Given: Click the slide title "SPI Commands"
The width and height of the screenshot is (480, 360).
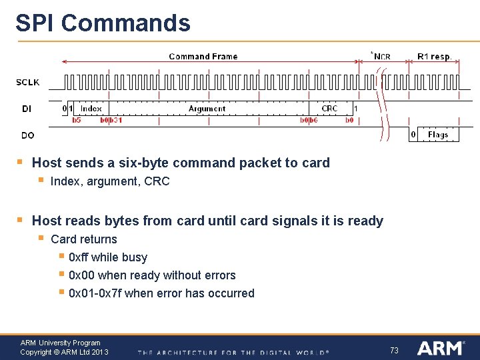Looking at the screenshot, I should pyautogui.click(x=103, y=23).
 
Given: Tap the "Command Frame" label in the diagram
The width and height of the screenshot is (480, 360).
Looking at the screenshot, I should pyautogui.click(x=203, y=57).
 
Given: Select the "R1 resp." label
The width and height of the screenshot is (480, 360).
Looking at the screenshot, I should pyautogui.click(x=434, y=57).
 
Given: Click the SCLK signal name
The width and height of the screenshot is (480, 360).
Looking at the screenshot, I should pyautogui.click(x=28, y=83).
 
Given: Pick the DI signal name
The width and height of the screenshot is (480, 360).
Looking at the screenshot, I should pyautogui.click(x=26, y=108).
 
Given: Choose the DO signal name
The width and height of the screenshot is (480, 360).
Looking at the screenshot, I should pyautogui.click(x=28, y=135).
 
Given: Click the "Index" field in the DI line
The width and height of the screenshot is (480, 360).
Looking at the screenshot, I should pyautogui.click(x=91, y=108).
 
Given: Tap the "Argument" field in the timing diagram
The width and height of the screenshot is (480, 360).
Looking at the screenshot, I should pyautogui.click(x=207, y=108).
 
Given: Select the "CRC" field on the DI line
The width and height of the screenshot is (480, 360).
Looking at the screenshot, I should pyautogui.click(x=329, y=108).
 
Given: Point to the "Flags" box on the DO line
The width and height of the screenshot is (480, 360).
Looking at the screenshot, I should pyautogui.click(x=438, y=135).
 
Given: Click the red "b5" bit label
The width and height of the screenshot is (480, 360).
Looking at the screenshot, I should pyautogui.click(x=76, y=120).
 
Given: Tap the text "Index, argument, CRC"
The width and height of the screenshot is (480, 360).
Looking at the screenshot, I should pyautogui.click(x=110, y=181).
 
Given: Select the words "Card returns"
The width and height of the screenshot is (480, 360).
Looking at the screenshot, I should pyautogui.click(x=84, y=239).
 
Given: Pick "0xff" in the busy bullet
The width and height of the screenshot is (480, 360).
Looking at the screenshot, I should pyautogui.click(x=79, y=257).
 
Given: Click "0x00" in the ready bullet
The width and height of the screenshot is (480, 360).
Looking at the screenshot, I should pyautogui.click(x=81, y=275).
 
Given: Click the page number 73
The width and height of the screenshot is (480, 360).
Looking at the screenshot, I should pyautogui.click(x=394, y=350).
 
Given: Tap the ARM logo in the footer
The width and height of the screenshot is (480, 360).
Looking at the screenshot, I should pyautogui.click(x=439, y=348).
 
